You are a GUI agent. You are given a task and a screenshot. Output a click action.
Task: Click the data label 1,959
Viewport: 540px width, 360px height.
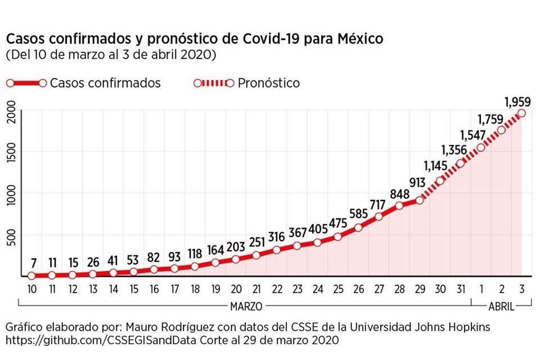coord(519,102)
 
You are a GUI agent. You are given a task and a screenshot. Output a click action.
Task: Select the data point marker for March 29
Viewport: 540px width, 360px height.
coord(419,200)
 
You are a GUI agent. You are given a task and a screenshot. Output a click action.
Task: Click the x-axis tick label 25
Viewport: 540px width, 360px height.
coord(337,289)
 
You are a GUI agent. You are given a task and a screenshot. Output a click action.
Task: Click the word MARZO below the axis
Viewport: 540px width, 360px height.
coord(245,307)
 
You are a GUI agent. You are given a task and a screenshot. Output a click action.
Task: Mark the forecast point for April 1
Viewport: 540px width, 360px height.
coord(480,147)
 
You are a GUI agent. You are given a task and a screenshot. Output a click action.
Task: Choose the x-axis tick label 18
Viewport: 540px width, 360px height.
coord(195,289)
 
